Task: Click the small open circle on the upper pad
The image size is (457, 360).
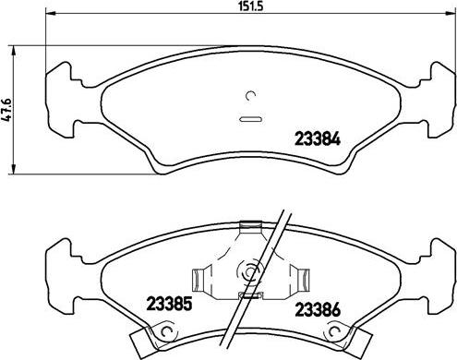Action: click(251, 95)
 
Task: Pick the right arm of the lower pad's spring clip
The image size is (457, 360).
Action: click(298, 275)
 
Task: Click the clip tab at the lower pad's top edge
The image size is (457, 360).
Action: click(247, 226)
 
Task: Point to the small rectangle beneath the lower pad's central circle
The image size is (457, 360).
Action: click(248, 295)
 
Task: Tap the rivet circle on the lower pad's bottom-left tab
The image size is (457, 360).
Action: click(165, 334)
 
